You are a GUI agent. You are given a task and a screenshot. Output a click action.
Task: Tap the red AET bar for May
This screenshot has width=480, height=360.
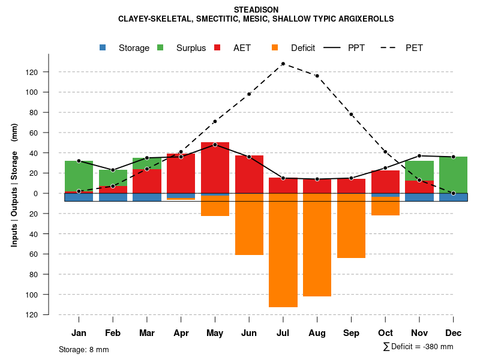215,169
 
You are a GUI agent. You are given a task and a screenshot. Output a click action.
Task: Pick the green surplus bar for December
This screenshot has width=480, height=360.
453,175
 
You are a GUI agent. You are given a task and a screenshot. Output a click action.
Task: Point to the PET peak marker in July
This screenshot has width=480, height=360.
283,64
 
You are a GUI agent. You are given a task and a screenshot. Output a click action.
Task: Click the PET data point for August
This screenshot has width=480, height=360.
317,76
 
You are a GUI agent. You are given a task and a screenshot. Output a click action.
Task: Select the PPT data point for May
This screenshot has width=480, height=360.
215,145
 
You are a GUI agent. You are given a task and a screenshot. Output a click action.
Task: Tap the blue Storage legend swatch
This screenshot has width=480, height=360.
103,47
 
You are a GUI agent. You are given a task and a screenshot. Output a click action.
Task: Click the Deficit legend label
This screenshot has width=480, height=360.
303,48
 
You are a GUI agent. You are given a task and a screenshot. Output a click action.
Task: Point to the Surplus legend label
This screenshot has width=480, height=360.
191,48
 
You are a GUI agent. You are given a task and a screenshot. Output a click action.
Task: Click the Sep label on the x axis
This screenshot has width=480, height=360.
351,333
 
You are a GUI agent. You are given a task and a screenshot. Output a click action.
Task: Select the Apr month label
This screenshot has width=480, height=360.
181,333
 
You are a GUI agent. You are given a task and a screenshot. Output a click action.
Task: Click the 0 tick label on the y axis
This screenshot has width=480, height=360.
52,193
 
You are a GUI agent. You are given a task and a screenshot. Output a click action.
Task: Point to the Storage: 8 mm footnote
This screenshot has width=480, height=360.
84,349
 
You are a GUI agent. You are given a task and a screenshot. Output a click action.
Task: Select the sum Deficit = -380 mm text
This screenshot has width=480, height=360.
418,346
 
